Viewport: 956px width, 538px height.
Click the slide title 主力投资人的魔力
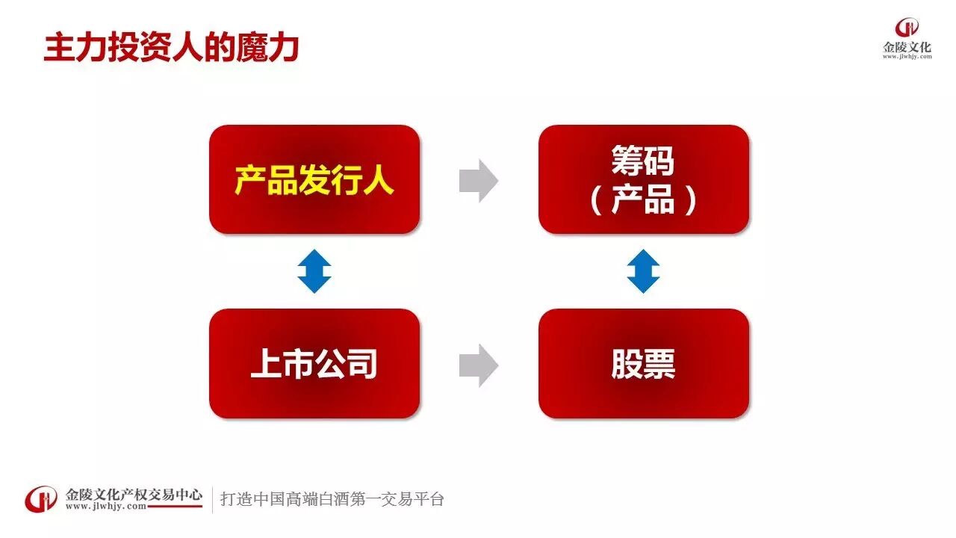[171, 47]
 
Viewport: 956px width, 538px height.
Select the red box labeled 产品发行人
[314, 179]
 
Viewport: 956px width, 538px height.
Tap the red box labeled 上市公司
[314, 363]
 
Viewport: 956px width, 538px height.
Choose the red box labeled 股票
[643, 363]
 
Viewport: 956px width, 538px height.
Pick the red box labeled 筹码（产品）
[643, 179]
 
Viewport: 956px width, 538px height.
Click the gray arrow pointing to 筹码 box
[478, 181]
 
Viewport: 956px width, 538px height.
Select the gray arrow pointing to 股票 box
[478, 365]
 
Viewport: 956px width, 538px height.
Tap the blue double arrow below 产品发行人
[314, 271]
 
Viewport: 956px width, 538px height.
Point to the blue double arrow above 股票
[643, 271]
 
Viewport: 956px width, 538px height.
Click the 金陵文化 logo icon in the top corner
[907, 28]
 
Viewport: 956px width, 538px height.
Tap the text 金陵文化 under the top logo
[907, 47]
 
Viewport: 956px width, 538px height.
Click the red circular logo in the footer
[42, 499]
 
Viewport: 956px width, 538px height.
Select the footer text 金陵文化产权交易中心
[134, 493]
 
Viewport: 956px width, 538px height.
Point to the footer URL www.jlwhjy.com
[105, 507]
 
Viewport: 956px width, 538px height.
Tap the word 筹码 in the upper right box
[643, 161]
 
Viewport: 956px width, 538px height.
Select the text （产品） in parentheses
[643, 200]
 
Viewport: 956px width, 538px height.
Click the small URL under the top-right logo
[907, 57]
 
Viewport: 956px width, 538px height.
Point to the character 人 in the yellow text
[378, 180]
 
